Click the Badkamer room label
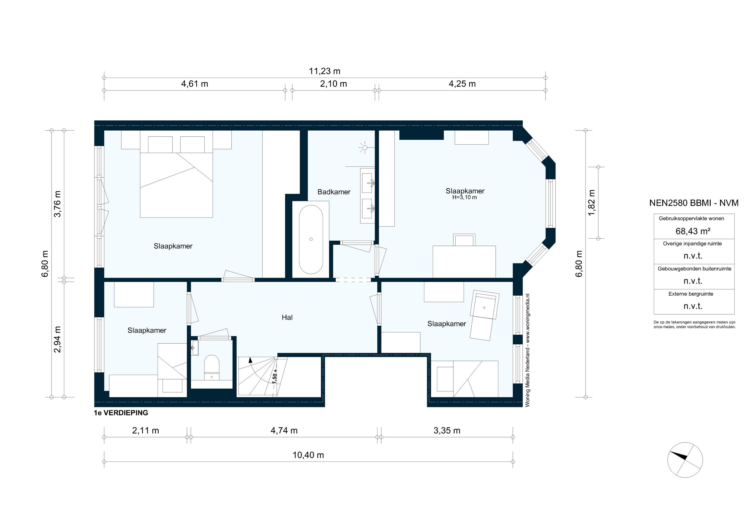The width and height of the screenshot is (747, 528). tap(334, 192)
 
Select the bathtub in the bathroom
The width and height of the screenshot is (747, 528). tap(311, 240)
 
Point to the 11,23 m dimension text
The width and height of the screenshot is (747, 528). tap(324, 71)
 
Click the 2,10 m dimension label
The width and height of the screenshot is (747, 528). tap(333, 84)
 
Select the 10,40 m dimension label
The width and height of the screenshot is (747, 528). tap(308, 455)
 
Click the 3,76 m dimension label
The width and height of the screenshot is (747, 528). tap(57, 204)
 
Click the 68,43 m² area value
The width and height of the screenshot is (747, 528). tap(693, 231)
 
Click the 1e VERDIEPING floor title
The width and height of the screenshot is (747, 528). tap(121, 413)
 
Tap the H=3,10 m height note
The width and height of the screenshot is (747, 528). tap(465, 197)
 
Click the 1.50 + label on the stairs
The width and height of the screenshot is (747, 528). tap(275, 376)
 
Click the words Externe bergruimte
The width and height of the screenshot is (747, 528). tap(691, 294)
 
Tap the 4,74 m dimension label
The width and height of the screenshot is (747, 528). tap(284, 430)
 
